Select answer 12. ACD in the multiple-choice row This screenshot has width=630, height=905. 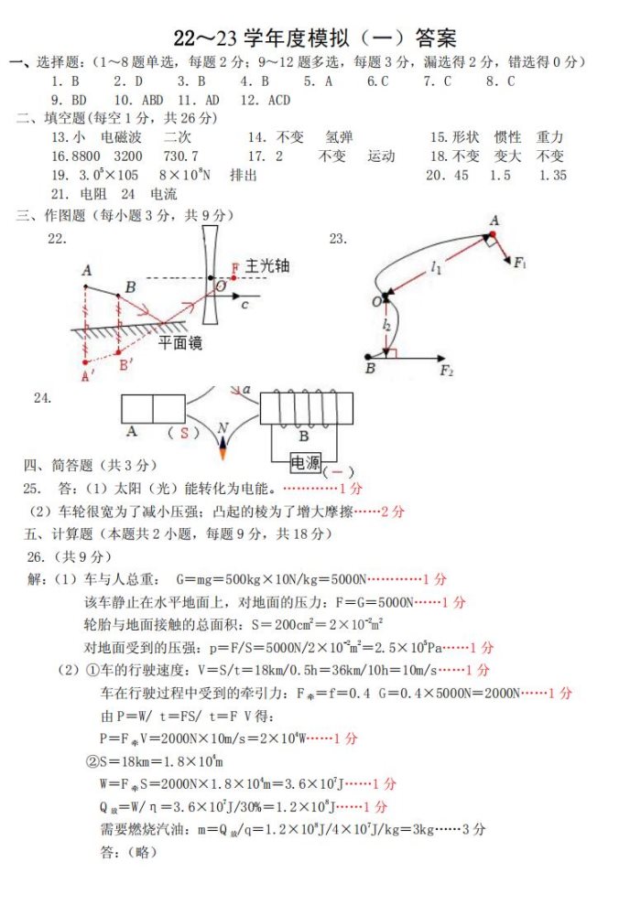point(266,100)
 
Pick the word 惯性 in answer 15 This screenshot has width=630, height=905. point(506,137)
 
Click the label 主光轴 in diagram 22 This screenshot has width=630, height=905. point(266,265)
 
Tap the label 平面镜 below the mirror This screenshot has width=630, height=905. point(180,343)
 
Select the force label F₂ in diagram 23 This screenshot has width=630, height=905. point(447,370)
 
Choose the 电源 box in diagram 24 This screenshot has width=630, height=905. point(306,463)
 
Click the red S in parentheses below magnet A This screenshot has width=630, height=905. point(183,433)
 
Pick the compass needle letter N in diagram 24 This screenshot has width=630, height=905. point(223,428)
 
